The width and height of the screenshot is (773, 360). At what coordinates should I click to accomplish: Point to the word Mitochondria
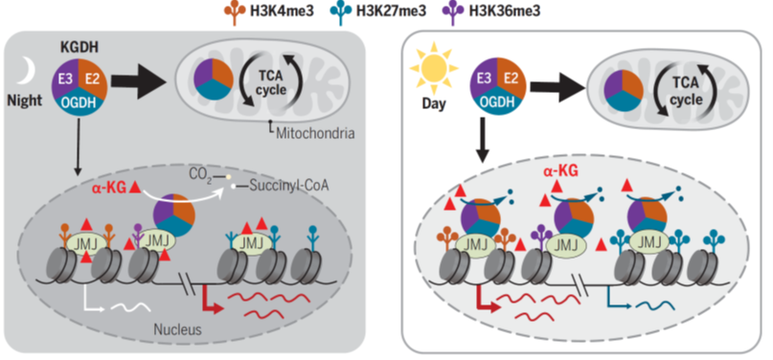[315, 133]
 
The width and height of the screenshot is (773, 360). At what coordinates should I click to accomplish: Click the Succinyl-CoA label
[288, 187]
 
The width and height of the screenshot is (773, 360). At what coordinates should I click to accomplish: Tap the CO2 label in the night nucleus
[200, 175]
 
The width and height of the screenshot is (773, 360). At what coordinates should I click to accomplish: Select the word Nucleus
[177, 329]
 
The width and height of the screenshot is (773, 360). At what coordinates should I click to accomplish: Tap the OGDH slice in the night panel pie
[80, 105]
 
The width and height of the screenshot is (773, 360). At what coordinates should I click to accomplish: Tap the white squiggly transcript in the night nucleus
[130, 306]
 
